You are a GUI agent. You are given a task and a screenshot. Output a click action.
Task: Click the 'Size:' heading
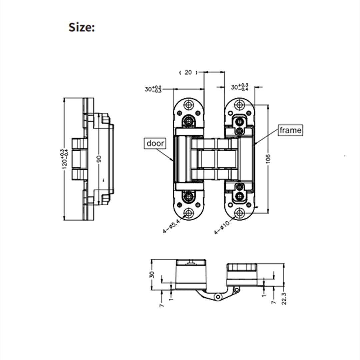coord(82,27)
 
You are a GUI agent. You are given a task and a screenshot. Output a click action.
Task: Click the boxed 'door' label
coord(155,143)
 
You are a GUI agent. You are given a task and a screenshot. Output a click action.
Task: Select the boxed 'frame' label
coord(290,130)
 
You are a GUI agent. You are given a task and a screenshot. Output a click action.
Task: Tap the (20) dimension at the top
coord(188,72)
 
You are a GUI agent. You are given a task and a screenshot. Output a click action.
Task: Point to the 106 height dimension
coord(269,159)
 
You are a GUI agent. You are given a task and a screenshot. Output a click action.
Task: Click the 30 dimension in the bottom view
coord(152,274)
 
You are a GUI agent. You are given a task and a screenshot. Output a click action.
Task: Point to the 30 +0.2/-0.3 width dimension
coord(153,89)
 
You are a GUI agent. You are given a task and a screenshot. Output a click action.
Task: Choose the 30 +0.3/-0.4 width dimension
coord(240,87)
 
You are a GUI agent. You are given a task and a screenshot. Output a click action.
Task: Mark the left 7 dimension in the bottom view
coord(162,304)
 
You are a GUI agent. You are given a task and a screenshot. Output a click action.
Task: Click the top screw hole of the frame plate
coord(239,105)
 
